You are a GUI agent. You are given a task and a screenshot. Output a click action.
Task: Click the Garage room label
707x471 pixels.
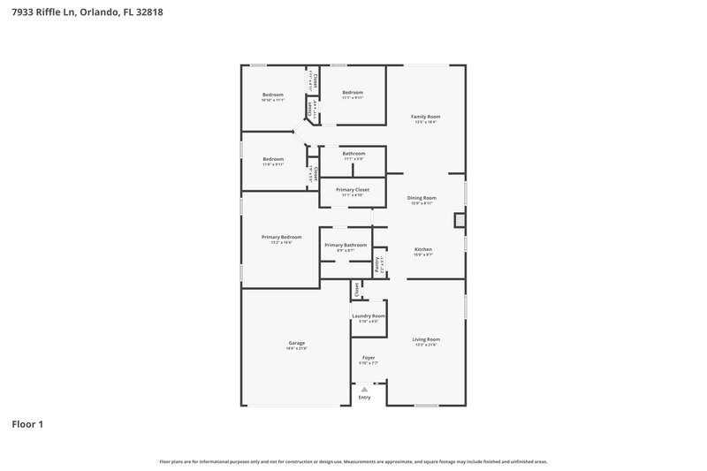click(296, 343)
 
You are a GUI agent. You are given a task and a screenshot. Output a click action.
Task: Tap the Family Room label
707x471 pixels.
click(426, 117)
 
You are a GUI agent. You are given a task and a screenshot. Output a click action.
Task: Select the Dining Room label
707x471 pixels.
click(422, 198)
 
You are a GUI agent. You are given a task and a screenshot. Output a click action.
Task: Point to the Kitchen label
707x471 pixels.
click(423, 249)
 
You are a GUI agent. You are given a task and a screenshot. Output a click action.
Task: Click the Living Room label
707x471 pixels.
click(426, 339)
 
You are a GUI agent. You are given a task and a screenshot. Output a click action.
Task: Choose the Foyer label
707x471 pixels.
click(369, 357)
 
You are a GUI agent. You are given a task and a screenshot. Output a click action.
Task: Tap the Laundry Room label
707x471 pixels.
click(369, 315)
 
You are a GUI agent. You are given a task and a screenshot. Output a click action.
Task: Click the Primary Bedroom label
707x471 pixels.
click(281, 237)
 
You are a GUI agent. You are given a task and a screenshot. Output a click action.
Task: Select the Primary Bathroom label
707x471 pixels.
click(346, 245)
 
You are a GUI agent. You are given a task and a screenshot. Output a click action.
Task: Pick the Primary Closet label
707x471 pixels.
click(353, 189)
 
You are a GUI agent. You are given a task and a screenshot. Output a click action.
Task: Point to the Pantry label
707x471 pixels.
click(377, 263)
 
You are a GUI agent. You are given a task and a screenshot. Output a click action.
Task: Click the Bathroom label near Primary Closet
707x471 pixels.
click(353, 154)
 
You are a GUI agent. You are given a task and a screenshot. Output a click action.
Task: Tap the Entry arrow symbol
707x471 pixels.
click(364, 389)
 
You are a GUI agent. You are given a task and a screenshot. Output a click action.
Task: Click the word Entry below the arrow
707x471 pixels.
click(364, 398)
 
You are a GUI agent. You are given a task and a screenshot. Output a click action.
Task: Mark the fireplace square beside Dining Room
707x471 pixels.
click(460, 220)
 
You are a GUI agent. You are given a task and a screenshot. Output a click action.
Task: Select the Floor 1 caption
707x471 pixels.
click(27, 424)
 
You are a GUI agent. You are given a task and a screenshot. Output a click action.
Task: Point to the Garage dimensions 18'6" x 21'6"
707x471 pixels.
click(296, 348)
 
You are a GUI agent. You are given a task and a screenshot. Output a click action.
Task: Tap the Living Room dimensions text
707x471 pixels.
click(426, 345)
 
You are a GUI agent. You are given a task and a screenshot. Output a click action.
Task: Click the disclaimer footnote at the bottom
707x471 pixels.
click(353, 461)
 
